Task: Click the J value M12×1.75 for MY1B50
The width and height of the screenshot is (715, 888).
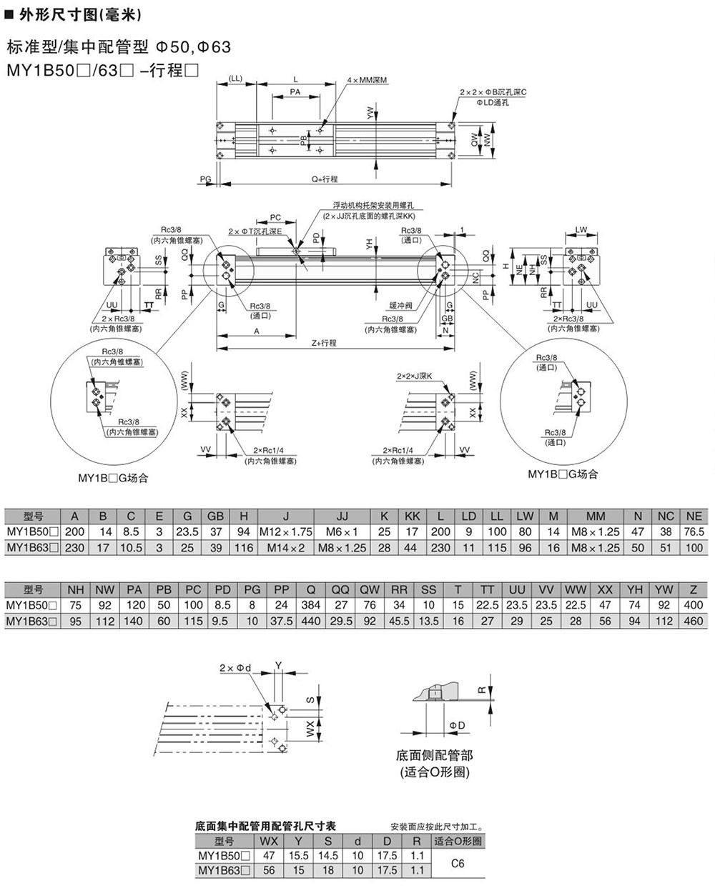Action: [285, 532]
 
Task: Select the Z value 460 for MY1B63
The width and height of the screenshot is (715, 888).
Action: [693, 621]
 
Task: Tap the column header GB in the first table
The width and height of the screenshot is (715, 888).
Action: [215, 516]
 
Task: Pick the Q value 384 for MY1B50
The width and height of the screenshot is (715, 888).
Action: [311, 605]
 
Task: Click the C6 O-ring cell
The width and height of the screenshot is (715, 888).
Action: [459, 863]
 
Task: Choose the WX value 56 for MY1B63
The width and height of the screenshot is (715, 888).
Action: [269, 871]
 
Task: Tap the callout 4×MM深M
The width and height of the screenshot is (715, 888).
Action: [366, 80]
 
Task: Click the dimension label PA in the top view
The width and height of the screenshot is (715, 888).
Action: [295, 92]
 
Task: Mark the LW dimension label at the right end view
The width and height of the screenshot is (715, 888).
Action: [581, 229]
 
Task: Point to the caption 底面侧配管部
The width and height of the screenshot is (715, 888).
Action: [434, 754]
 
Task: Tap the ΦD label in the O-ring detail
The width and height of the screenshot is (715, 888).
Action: [458, 726]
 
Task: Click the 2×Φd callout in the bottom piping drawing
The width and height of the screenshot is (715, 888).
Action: [235, 668]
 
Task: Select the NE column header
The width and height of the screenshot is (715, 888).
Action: [694, 516]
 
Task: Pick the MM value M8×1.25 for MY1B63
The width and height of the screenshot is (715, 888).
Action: [596, 547]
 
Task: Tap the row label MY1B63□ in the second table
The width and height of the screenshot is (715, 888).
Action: [31, 621]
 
